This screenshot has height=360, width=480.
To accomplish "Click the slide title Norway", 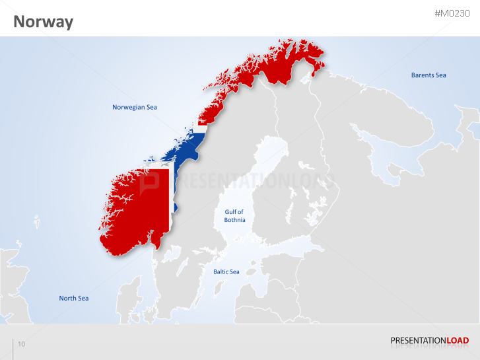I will [x=43, y=22].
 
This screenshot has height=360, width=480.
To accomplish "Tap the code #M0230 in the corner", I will [x=452, y=14].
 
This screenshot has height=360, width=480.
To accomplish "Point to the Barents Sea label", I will [x=429, y=75].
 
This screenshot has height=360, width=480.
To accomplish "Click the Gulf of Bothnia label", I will [x=234, y=216].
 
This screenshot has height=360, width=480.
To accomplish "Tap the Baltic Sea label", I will [x=226, y=271].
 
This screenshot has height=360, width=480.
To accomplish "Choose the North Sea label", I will [x=73, y=298].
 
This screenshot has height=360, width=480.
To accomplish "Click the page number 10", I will [x=22, y=344].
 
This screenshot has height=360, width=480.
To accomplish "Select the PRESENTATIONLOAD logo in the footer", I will [x=429, y=341].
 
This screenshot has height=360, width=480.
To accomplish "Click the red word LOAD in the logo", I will [x=458, y=341].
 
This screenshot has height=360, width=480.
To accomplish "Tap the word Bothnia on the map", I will [x=234, y=220].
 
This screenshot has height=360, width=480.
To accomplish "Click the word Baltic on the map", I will [x=221, y=271].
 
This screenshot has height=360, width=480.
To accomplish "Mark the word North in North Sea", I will [x=68, y=298].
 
